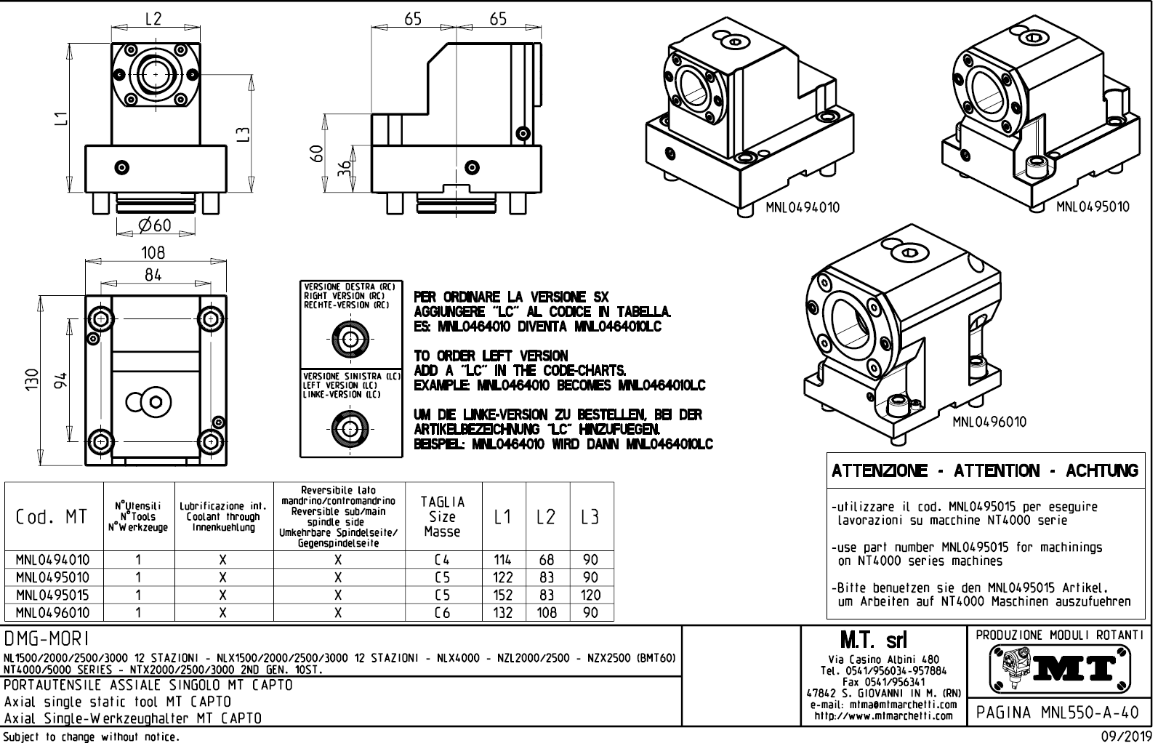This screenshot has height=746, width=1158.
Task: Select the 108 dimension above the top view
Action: (153, 253)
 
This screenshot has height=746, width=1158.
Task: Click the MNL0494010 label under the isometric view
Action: (802, 208)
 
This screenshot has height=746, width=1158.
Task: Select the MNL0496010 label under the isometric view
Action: (989, 422)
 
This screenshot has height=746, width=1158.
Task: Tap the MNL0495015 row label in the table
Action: (54, 595)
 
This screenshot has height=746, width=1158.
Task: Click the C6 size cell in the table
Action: (442, 613)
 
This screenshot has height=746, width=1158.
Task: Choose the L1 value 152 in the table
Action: (502, 595)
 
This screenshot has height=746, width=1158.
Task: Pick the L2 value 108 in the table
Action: (547, 613)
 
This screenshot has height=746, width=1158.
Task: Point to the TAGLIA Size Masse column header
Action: (442, 517)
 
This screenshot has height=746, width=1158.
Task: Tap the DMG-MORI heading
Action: (47, 638)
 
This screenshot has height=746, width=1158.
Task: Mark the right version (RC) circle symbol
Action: (351, 338)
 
